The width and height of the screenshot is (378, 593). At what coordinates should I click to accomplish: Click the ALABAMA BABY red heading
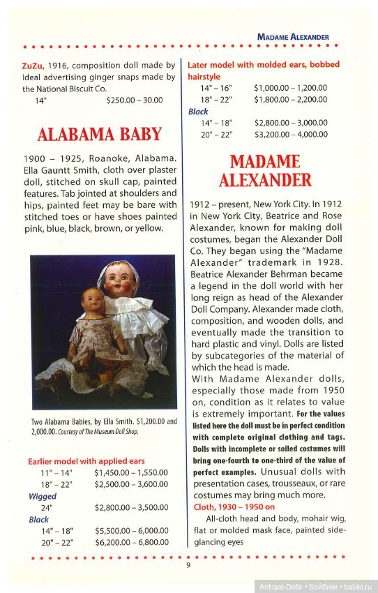point(99,134)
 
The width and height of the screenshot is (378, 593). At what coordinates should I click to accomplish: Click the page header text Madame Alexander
point(292,36)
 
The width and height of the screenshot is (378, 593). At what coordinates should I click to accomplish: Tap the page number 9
point(188,565)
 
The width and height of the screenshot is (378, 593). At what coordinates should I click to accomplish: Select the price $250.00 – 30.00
point(135,100)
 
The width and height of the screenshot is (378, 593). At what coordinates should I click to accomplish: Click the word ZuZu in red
point(32,66)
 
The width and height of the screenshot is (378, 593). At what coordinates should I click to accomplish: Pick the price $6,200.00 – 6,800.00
point(131,542)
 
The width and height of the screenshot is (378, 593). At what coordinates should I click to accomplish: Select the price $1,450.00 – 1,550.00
point(131,472)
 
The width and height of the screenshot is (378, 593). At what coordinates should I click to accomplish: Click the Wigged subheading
point(43,496)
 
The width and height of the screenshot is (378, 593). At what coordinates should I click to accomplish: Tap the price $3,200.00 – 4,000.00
point(290,134)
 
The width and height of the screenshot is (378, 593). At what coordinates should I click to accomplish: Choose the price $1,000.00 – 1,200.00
point(290,89)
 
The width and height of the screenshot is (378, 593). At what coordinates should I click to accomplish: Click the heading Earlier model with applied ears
point(86,461)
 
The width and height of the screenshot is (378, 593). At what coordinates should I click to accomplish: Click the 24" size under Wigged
point(47,508)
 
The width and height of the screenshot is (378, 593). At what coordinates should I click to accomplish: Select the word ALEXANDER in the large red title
point(265,181)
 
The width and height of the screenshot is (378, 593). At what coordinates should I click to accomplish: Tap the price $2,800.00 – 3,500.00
point(131,508)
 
